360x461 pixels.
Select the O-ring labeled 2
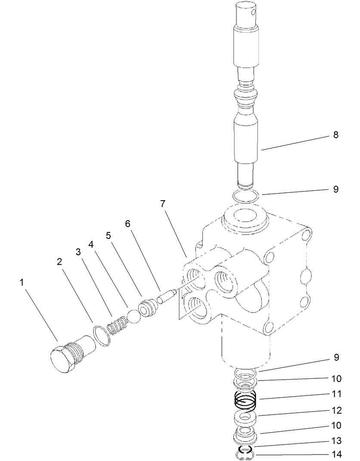pos(102,336)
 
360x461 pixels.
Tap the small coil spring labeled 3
pos(117,326)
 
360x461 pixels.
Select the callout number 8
pos(335,135)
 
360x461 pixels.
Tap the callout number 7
pos(163,204)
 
